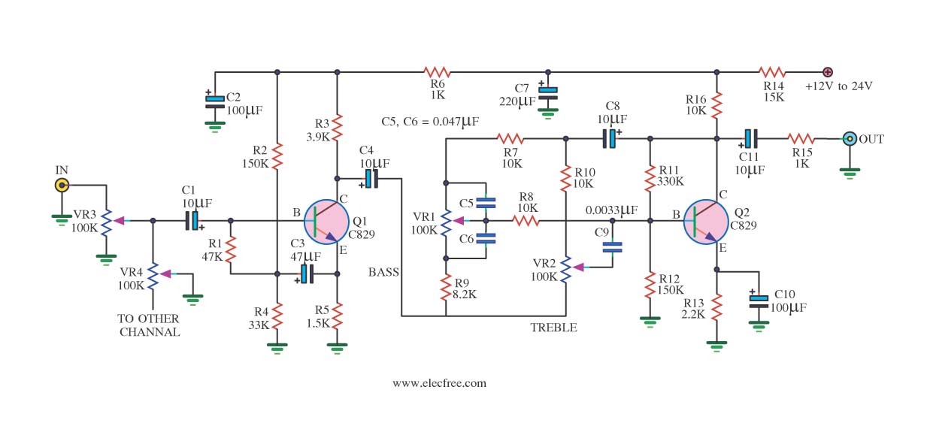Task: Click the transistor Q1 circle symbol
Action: pos(326,222)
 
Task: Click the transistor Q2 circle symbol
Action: pos(707,222)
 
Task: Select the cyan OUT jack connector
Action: pos(850,138)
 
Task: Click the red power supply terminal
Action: pos(827,72)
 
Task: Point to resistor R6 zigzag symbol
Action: pos(437,72)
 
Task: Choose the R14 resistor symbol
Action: pos(772,72)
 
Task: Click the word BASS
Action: pos(383,272)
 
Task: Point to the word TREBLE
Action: pos(553,328)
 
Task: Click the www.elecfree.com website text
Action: pos(439,382)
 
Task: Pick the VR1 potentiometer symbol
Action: pos(446,221)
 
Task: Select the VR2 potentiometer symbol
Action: pos(566,267)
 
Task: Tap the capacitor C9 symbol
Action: pos(613,246)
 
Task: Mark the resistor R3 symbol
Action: pos(338,123)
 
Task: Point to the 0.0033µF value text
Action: pos(613,210)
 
